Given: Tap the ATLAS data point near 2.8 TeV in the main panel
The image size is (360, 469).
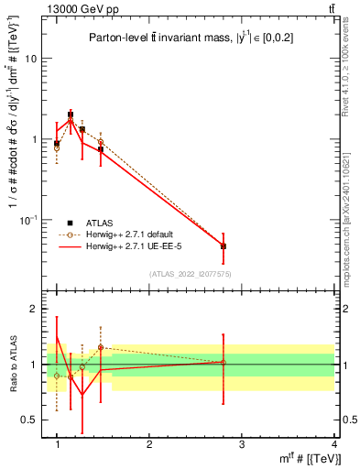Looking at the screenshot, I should pos(224,246).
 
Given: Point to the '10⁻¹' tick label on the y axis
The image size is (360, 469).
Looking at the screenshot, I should pos(27,219).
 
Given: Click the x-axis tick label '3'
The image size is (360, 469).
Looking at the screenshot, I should pos(241,444).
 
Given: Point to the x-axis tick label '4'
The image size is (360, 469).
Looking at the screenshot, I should pos(333,444).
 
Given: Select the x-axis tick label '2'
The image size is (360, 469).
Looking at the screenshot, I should pos(149,444).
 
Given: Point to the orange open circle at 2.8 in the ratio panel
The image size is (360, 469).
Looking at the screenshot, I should pos(224,362).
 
